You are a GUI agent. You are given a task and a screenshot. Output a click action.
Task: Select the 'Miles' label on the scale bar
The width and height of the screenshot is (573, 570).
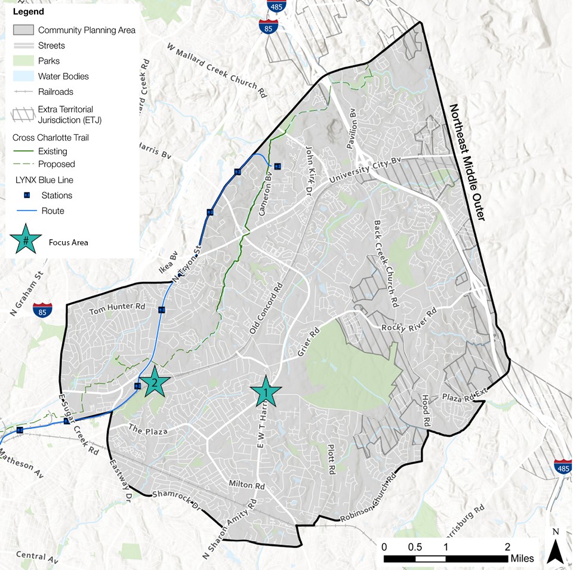(x=522, y=559)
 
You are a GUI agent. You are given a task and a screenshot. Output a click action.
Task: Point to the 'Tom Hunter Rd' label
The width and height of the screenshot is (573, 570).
(x=117, y=310)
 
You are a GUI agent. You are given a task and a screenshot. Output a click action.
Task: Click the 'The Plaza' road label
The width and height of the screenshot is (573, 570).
(x=146, y=430)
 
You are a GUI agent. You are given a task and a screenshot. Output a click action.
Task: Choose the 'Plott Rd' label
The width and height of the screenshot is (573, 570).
(x=331, y=458)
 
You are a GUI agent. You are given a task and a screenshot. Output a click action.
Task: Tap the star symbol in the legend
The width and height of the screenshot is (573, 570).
(x=26, y=241)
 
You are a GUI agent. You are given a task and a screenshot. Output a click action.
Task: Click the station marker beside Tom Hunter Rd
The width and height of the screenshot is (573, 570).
(x=162, y=309)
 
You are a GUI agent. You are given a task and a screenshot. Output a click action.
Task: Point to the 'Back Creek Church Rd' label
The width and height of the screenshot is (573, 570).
(x=385, y=263)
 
